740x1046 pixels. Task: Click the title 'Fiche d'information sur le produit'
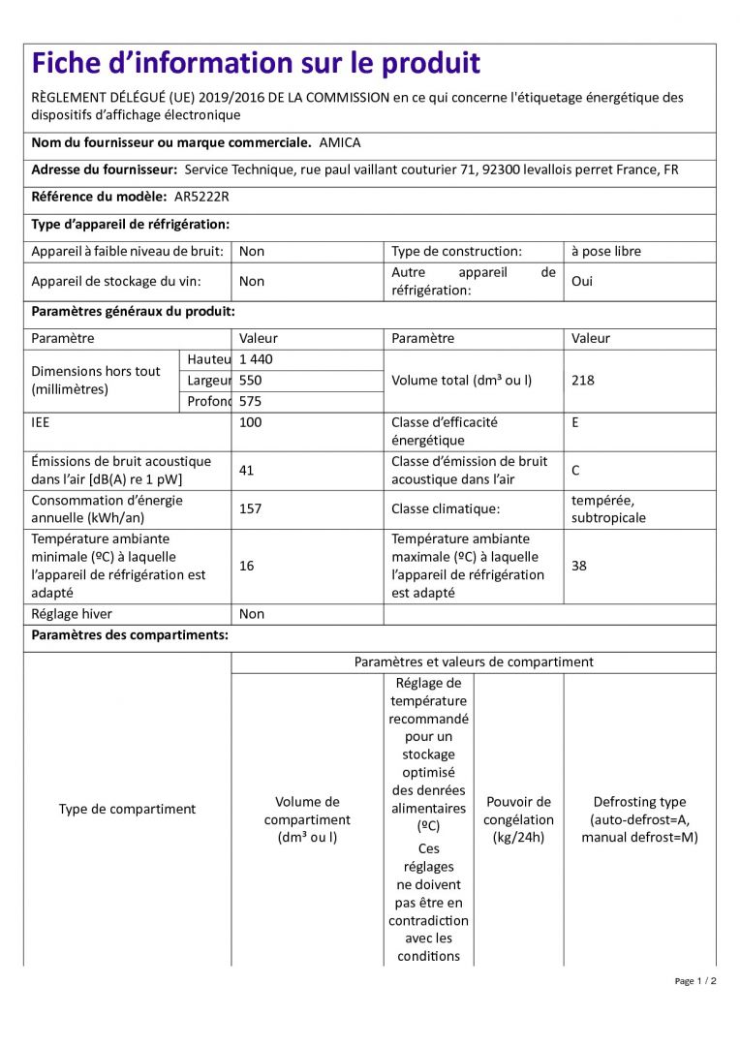pos(256,64)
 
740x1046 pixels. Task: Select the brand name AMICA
pos(339,142)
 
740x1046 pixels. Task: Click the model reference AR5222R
pos(201,197)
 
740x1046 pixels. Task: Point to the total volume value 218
pos(583,381)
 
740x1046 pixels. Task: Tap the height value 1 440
pos(256,359)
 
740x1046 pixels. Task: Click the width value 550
pos(250,381)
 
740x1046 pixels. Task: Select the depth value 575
pos(250,401)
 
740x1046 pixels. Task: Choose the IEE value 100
pos(250,422)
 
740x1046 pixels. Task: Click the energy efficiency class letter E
pos(575,422)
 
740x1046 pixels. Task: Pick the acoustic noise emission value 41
pos(246,471)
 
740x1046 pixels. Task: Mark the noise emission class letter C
pos(575,471)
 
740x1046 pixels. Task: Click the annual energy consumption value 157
pos(250,508)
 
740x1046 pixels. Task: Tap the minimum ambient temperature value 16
pos(246,566)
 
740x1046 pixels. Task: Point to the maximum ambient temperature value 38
pos(578,566)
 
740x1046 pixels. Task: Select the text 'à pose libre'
pos(605,251)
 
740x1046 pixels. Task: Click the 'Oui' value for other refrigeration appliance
pos(581,281)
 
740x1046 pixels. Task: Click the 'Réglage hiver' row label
pos(71,614)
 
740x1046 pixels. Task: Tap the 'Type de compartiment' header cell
pos(127,809)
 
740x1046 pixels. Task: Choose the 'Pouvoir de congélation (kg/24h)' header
pos(518,819)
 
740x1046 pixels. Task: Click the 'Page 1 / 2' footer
pos(695,981)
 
